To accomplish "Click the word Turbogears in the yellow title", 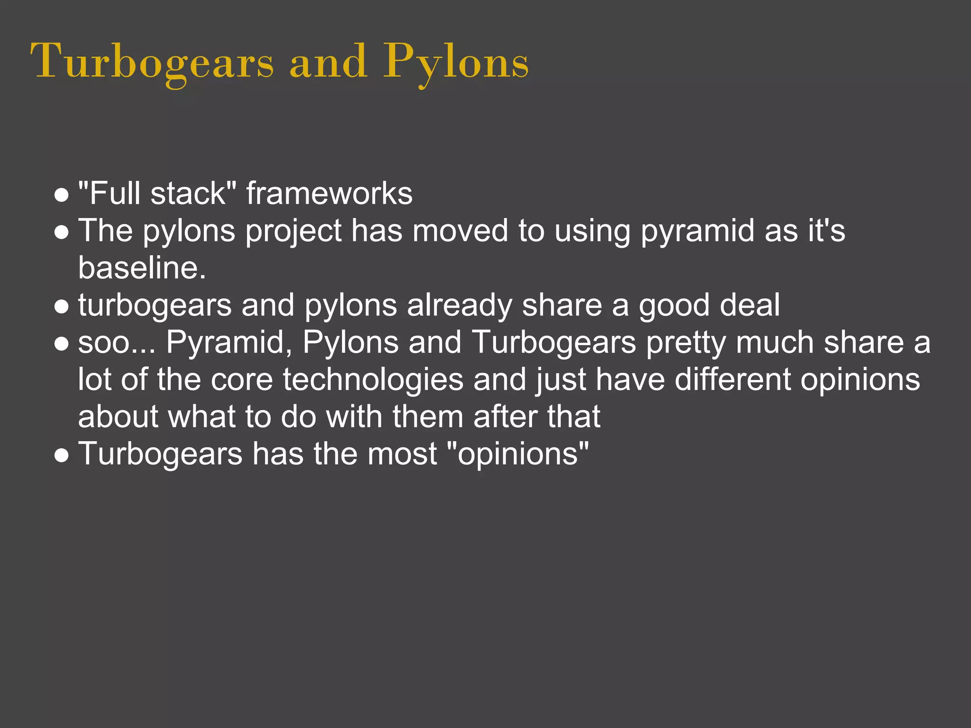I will pos(152,62).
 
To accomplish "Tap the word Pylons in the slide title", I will pos(456,62).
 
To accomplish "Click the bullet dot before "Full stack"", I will pos(62,195).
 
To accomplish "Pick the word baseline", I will pos(142,268).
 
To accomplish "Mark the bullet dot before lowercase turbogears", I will pos(62,306).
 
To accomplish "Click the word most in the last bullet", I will pos(403,454).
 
